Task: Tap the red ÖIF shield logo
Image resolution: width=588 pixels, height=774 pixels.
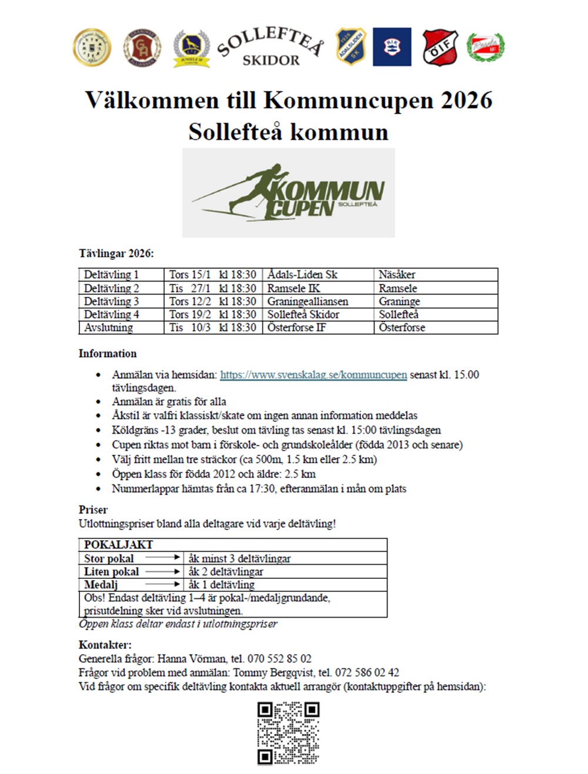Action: tap(440, 47)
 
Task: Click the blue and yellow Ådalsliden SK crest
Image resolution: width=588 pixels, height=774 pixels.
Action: tap(352, 46)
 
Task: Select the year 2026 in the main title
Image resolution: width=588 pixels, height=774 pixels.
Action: tap(466, 100)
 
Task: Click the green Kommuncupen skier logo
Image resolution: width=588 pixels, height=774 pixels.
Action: tap(288, 193)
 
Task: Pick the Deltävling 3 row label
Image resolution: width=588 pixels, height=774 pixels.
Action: tap(112, 301)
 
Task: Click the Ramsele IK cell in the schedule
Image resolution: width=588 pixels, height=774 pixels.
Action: tap(293, 288)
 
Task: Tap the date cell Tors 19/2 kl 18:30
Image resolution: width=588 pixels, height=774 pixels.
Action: tap(212, 314)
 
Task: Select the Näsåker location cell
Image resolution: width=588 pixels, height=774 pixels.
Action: tap(397, 274)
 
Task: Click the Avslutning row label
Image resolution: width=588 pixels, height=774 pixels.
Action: tap(109, 327)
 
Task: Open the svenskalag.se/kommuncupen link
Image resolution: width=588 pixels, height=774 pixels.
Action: tap(313, 375)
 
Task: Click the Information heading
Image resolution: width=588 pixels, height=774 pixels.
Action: tap(108, 354)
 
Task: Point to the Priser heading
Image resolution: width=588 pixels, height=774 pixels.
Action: tap(93, 510)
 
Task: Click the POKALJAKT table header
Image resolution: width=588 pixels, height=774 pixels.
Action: tap(118, 545)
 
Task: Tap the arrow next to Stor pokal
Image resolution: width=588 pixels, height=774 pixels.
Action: tap(163, 557)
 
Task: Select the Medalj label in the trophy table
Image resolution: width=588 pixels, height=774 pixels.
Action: tap(101, 585)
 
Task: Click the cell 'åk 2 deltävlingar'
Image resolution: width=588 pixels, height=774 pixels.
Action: tap(226, 572)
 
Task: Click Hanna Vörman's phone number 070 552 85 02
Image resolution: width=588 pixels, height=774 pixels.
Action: tap(279, 659)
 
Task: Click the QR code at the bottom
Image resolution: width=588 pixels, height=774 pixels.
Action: tap(288, 733)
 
